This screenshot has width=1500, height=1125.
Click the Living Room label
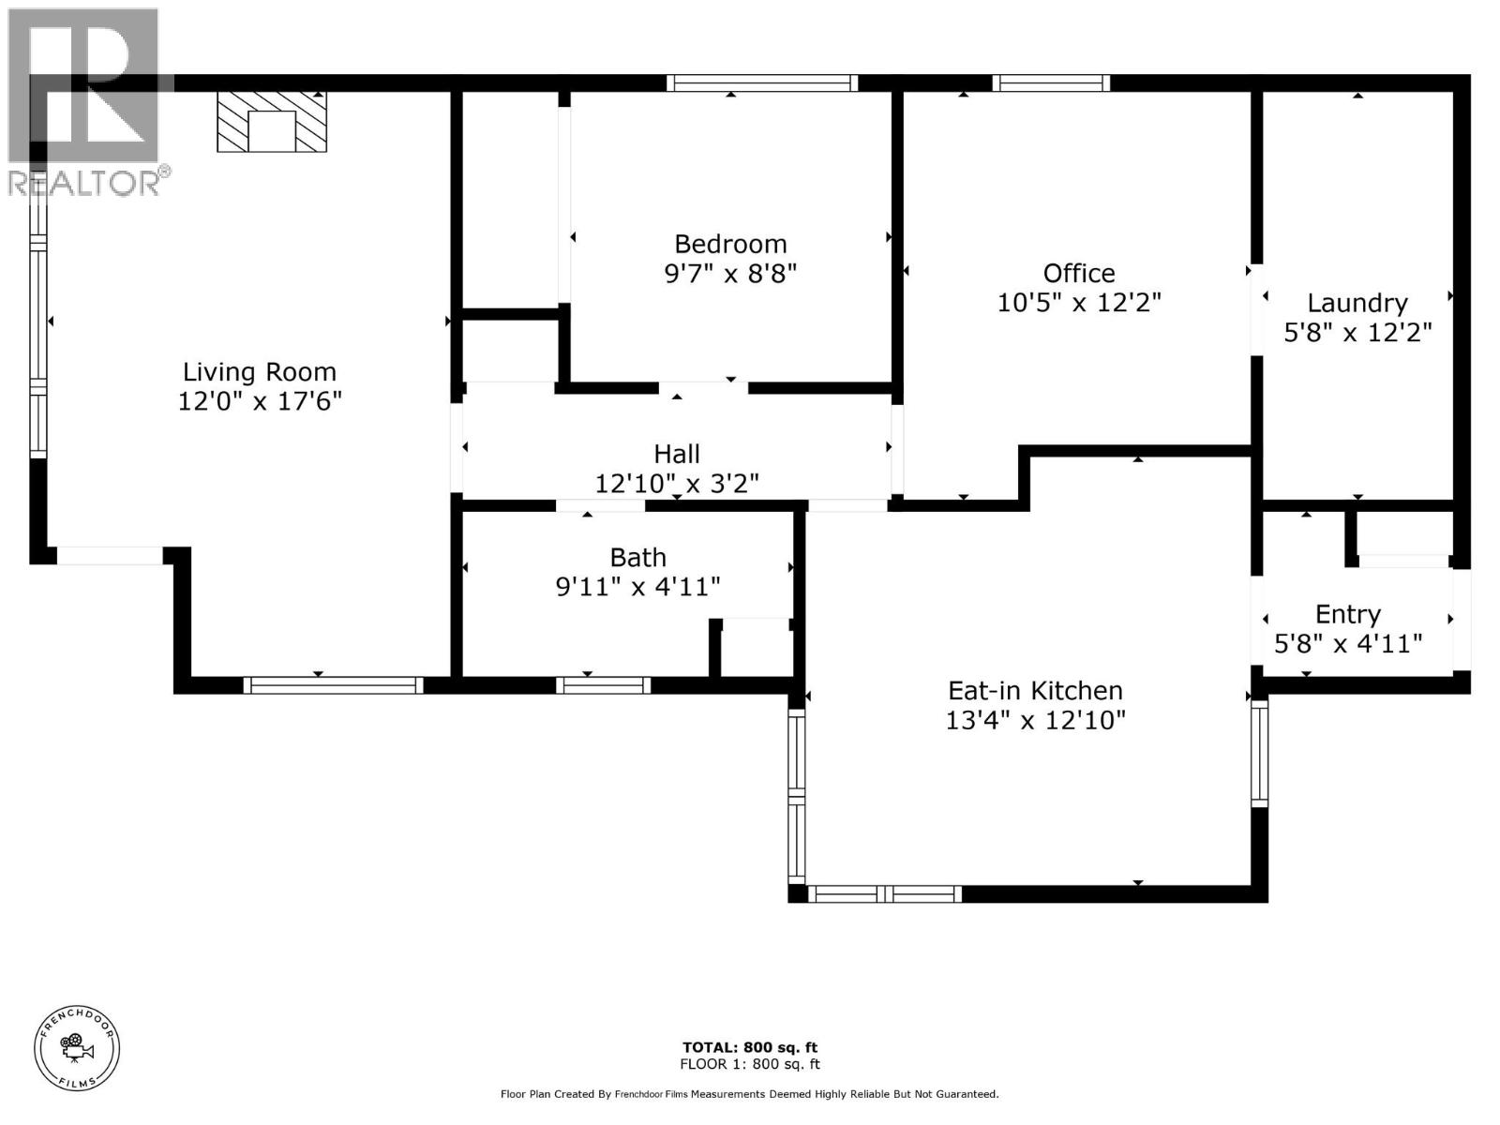pyautogui.click(x=259, y=371)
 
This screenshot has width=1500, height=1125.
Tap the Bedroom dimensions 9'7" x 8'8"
pyautogui.click(x=730, y=274)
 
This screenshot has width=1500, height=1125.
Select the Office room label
pyautogui.click(x=1079, y=273)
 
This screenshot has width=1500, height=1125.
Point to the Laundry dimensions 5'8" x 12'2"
pyautogui.click(x=1357, y=332)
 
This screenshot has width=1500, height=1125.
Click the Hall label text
pyautogui.click(x=677, y=454)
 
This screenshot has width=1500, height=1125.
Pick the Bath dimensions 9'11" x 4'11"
pyautogui.click(x=637, y=587)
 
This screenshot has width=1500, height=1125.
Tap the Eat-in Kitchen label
pyautogui.click(x=1035, y=691)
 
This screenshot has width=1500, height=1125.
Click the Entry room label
pyautogui.click(x=1347, y=614)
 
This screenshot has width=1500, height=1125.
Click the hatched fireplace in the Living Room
pyautogui.click(x=272, y=121)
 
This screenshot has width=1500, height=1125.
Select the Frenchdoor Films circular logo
pyautogui.click(x=77, y=1048)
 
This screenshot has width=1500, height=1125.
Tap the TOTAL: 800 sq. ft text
pyautogui.click(x=749, y=1047)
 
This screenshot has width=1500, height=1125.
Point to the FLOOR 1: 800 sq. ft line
pyautogui.click(x=749, y=1064)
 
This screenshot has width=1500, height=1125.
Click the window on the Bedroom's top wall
pyautogui.click(x=761, y=83)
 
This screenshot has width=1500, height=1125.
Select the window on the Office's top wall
pyautogui.click(x=1051, y=83)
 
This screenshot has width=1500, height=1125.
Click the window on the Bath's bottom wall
pyautogui.click(x=603, y=685)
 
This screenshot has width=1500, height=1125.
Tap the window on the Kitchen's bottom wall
pyautogui.click(x=884, y=894)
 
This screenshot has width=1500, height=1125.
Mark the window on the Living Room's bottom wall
pyautogui.click(x=333, y=685)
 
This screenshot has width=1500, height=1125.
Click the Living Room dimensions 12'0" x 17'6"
pyautogui.click(x=260, y=401)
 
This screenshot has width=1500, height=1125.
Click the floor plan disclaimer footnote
pyautogui.click(x=749, y=1094)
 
